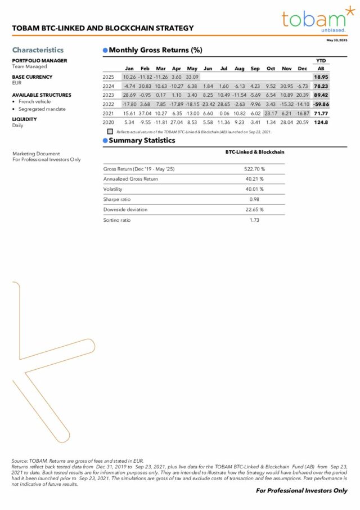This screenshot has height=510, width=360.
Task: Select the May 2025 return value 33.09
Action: tap(192, 77)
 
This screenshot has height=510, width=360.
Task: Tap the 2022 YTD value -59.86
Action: tap(321, 104)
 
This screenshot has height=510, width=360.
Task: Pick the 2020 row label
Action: tap(109, 122)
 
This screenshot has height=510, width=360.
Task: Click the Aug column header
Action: tap(239, 69)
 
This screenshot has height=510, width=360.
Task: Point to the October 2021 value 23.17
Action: tap(271, 113)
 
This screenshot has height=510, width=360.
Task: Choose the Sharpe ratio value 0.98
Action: tap(254, 199)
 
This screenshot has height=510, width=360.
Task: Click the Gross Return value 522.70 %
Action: tap(254, 168)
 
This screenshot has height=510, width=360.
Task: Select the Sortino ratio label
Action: tap(117, 220)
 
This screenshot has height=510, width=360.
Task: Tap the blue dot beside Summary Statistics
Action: tap(105, 140)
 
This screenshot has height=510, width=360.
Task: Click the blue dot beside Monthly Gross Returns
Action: tap(105, 50)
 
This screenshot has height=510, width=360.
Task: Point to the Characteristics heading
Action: tap(38, 50)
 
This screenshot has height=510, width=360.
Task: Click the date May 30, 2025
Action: tap(337, 41)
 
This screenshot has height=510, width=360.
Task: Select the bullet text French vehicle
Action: tap(35, 102)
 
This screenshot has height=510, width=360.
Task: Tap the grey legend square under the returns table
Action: tap(110, 131)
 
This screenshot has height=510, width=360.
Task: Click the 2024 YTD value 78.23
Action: tap(321, 86)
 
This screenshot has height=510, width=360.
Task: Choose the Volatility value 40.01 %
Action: tap(254, 189)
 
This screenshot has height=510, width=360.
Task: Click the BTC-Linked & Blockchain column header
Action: tap(254, 152)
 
